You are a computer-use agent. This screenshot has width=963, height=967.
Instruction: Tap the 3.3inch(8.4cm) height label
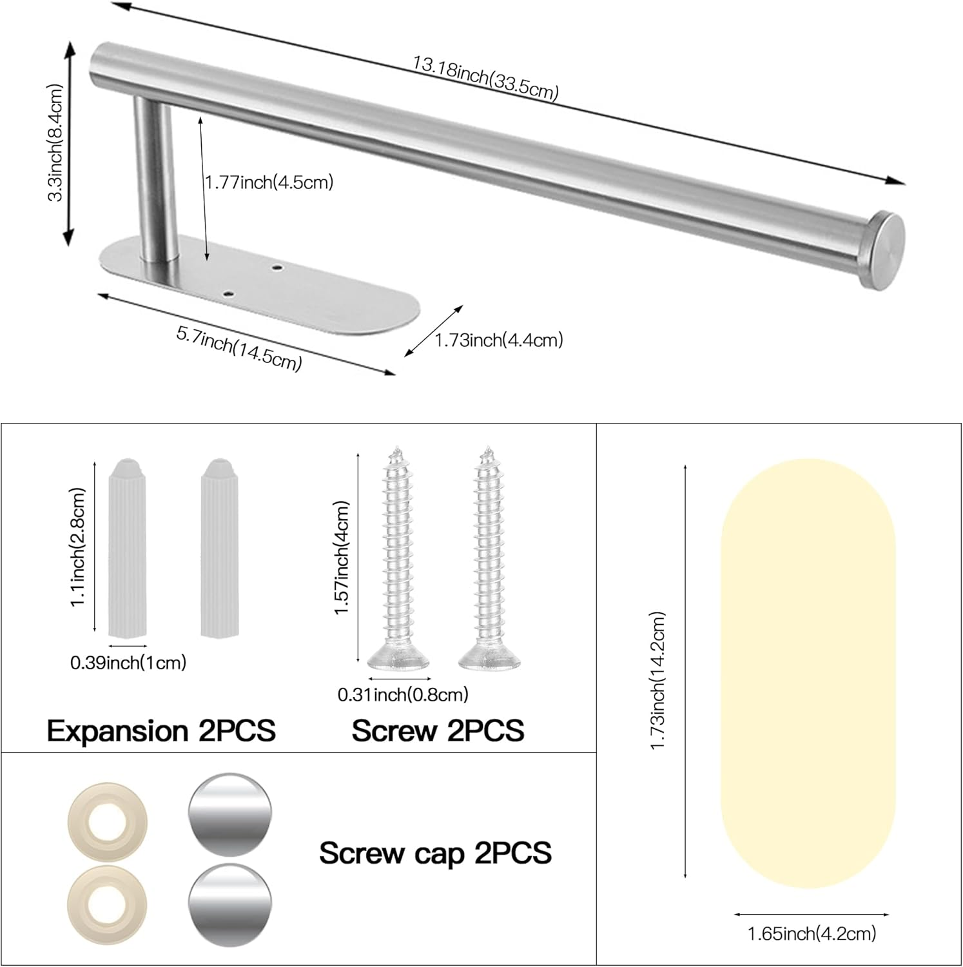click(56, 142)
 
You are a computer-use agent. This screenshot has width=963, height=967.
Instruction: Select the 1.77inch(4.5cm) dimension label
click(269, 182)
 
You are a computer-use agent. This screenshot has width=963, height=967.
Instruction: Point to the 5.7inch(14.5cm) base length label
click(239, 349)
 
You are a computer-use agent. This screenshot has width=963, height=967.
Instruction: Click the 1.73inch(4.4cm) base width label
click(499, 340)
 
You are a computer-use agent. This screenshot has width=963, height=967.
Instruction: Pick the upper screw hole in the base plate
click(278, 267)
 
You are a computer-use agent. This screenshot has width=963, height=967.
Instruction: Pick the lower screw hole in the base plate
click(229, 295)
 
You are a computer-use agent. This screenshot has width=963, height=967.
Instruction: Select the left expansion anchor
click(128, 547)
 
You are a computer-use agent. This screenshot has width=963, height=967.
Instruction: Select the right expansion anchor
click(217, 547)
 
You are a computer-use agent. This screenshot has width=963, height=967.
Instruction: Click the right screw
click(489, 561)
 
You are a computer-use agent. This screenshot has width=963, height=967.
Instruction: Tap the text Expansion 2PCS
click(161, 731)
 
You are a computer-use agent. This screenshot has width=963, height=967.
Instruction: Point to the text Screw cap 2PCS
click(436, 853)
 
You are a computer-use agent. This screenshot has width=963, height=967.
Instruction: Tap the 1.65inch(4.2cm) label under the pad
click(812, 933)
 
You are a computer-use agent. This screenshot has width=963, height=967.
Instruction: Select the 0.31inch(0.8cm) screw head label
click(403, 694)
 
